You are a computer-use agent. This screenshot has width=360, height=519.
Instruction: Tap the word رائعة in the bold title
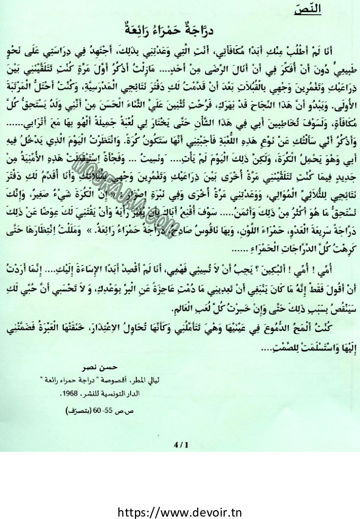pos(142,31)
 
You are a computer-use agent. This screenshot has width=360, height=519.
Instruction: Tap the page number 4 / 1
pos(180,444)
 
